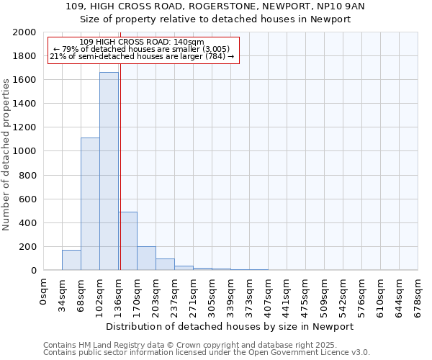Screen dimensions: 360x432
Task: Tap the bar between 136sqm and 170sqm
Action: (128, 240)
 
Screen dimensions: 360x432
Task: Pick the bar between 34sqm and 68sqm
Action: (71, 260)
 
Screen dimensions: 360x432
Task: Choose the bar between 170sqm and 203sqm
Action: (146, 258)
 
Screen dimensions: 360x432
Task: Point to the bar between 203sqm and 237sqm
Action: (165, 264)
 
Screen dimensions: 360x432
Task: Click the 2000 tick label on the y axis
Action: (25, 32)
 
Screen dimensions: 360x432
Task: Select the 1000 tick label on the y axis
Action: (25, 151)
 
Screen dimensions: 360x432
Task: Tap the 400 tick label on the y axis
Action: (28, 223)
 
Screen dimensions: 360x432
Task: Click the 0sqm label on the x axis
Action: (44, 291)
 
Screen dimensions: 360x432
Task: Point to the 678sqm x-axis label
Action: (418, 295)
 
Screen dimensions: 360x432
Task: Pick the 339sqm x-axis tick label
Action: (230, 295)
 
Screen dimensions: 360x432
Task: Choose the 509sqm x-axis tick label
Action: (325, 295)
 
